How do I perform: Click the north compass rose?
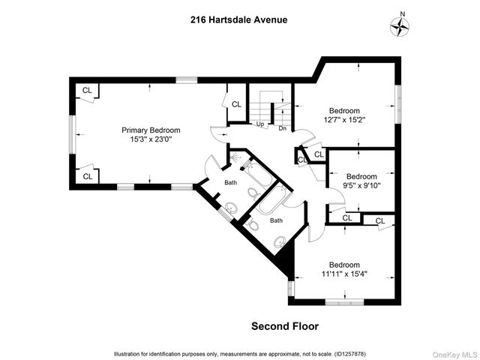tap(401, 26)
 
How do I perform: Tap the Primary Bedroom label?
tap(151, 130)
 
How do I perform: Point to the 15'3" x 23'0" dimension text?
tap(151, 139)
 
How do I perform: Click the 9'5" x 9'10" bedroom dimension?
tap(363, 185)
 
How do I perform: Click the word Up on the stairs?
tap(259, 124)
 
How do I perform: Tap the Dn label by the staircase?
tap(283, 128)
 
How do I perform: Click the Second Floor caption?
tap(284, 326)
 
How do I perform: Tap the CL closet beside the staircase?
tap(236, 104)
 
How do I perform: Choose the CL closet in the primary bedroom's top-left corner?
tap(87, 91)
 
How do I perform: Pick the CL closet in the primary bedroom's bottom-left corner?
tap(87, 176)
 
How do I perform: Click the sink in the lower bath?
tap(280, 241)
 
